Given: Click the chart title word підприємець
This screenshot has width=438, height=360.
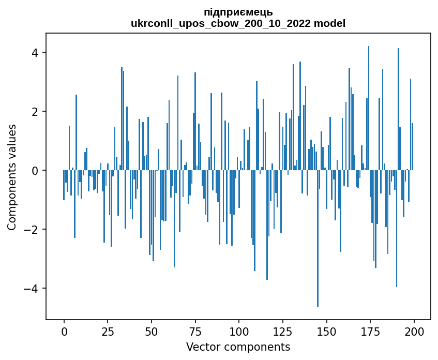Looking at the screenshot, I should [x=238, y=12].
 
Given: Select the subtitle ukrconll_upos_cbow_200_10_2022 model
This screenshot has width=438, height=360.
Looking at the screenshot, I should [x=238, y=23].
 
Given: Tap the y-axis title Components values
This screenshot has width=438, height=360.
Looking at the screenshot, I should [x=11, y=177].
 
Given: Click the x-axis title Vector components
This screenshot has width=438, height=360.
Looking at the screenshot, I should [x=238, y=347].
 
